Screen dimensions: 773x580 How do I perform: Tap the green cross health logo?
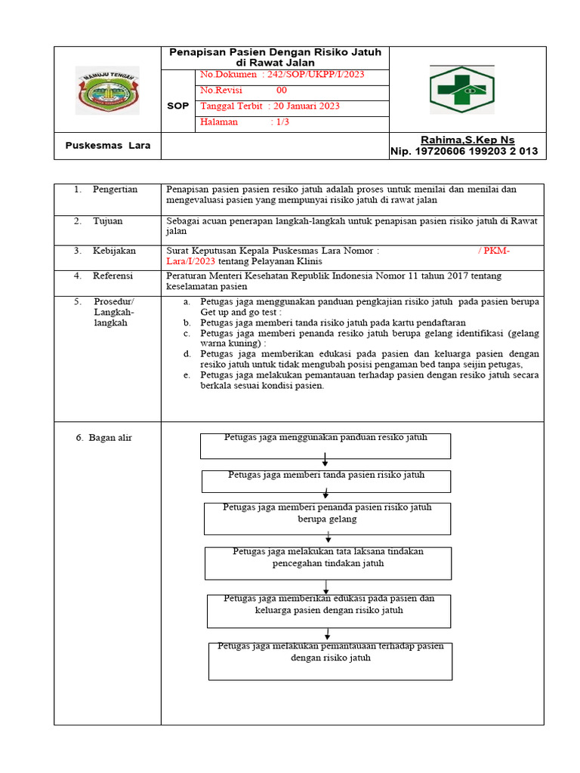click(x=462, y=89)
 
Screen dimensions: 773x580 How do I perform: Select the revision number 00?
click(x=282, y=91)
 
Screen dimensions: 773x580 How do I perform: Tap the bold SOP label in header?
click(x=177, y=106)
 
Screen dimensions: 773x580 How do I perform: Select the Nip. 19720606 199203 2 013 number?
click(x=464, y=152)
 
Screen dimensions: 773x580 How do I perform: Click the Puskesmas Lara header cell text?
click(x=107, y=146)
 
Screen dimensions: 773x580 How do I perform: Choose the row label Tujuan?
click(x=107, y=221)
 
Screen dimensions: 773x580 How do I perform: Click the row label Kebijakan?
click(x=115, y=251)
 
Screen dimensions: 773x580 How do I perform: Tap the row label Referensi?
click(x=113, y=276)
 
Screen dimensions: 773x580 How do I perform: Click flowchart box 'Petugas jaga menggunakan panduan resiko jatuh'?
click(x=325, y=445)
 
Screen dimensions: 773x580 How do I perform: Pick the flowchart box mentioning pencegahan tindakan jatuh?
click(x=328, y=563)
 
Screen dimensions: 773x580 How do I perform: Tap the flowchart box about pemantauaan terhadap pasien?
click(x=330, y=661)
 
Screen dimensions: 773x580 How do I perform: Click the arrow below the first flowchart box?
click(x=325, y=460)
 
